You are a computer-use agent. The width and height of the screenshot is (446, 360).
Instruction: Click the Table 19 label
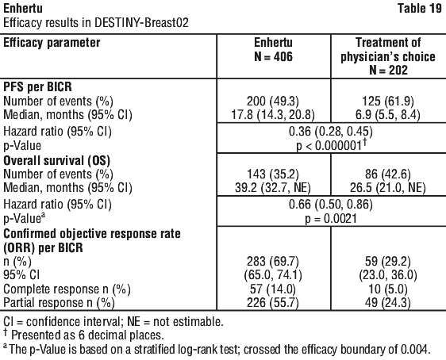click(x=420, y=8)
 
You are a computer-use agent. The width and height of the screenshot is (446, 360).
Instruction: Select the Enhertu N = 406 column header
click(x=273, y=49)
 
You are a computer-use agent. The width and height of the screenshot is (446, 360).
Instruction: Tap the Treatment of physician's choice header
click(x=388, y=56)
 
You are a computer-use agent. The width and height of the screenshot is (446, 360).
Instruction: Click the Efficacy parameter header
click(x=52, y=43)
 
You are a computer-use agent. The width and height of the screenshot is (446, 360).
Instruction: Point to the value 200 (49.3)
click(x=273, y=101)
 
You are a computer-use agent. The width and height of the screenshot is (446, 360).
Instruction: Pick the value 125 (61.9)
click(x=388, y=101)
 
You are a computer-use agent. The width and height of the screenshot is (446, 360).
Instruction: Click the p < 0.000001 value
click(x=331, y=145)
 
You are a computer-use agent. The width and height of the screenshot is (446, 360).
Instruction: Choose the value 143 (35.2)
click(x=273, y=174)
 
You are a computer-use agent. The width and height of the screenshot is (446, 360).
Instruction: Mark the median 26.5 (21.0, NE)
click(x=388, y=188)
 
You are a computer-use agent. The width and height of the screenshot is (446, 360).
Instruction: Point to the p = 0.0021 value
click(x=331, y=219)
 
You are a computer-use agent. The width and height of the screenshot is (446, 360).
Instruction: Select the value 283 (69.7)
click(x=273, y=262)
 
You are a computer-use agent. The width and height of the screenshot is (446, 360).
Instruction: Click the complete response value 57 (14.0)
click(x=273, y=289)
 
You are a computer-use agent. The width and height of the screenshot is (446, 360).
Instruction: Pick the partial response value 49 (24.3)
click(x=388, y=303)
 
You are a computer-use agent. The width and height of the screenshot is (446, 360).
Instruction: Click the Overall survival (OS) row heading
click(x=56, y=160)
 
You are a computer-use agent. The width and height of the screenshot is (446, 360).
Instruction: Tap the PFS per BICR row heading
click(x=37, y=86)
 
